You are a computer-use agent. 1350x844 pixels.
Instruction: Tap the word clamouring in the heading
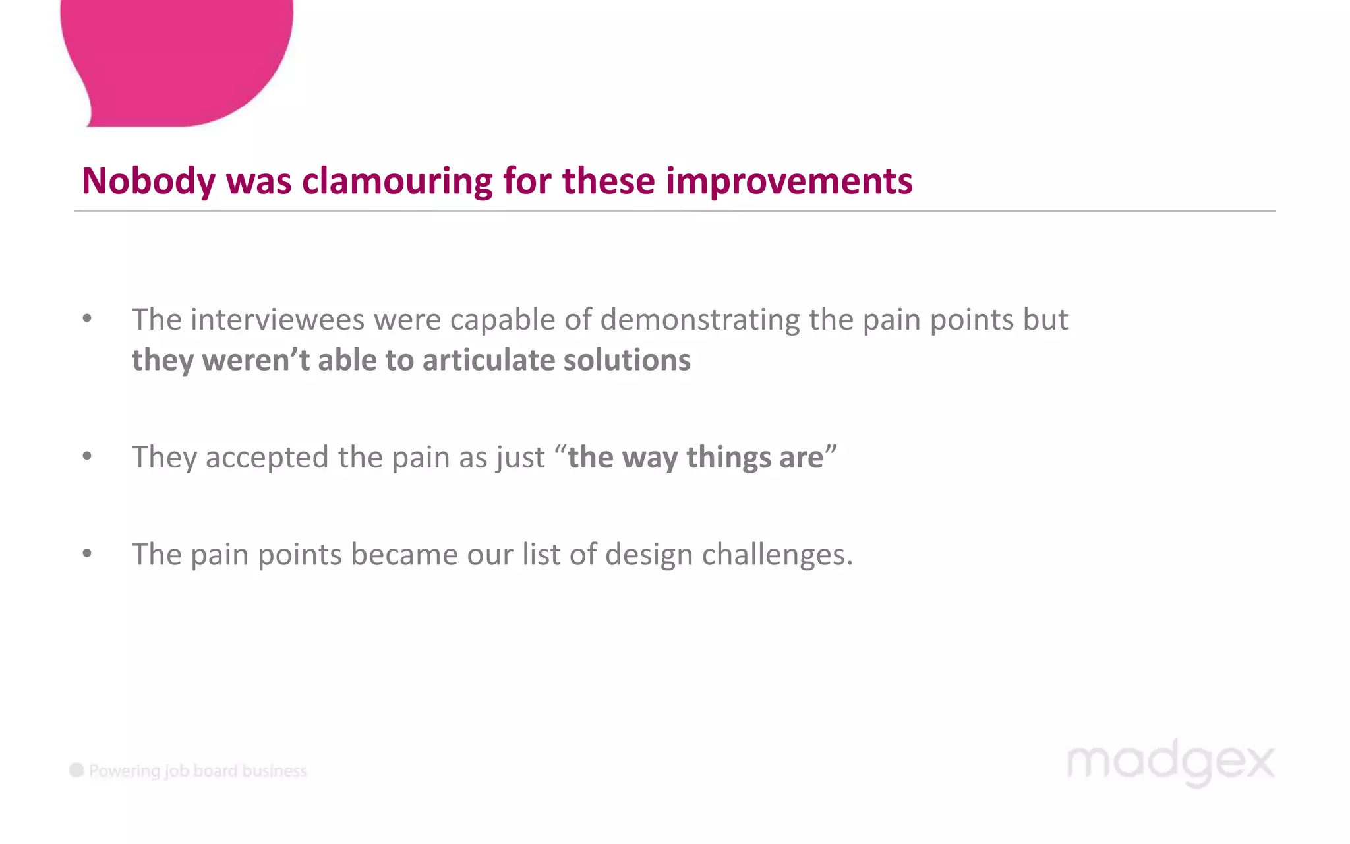pos(397,181)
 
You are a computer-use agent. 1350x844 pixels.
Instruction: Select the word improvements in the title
pos(789,181)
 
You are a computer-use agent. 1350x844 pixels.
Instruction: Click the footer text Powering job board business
pos(198,771)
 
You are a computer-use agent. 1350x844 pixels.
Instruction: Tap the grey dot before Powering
pos(76,770)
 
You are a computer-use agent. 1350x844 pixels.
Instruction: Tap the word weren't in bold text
pos(256,360)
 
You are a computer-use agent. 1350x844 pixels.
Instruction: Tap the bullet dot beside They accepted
pos(87,456)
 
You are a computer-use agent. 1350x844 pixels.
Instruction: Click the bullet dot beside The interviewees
pos(87,319)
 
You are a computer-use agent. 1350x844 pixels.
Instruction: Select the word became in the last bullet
pos(404,555)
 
